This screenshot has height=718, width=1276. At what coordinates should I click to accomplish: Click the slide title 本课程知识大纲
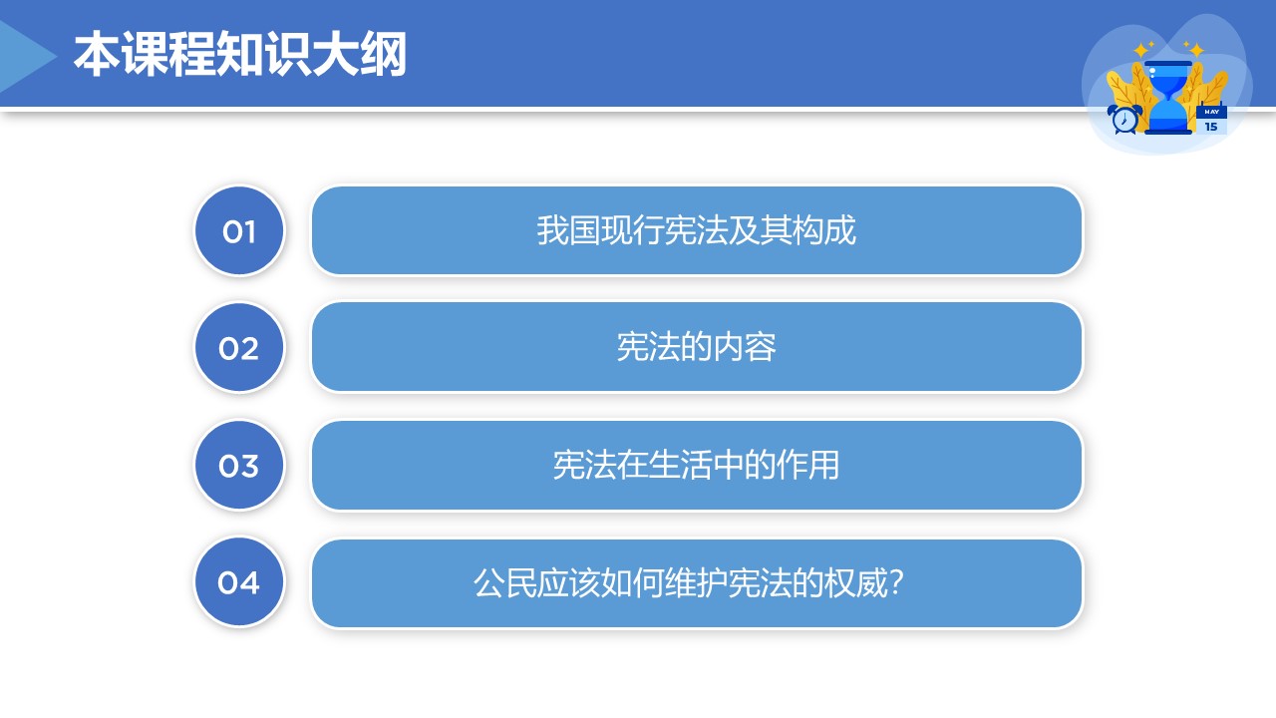click(240, 54)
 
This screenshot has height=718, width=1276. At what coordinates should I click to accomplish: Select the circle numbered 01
click(239, 230)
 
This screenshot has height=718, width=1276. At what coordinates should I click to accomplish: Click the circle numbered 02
click(239, 348)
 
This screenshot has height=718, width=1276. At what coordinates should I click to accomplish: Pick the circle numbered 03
click(239, 465)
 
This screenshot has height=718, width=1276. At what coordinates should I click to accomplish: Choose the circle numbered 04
click(239, 582)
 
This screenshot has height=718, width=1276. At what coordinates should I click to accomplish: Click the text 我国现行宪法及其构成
click(696, 230)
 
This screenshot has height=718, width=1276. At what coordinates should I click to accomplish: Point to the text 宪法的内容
click(696, 347)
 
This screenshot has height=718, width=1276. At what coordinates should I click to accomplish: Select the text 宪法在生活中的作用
click(696, 465)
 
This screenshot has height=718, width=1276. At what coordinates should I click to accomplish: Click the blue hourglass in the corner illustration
click(1167, 97)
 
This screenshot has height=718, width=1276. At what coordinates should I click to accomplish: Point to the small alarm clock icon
click(1124, 119)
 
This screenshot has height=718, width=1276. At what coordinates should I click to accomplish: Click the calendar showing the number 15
click(1211, 120)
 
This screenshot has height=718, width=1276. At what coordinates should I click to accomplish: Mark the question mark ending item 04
click(896, 582)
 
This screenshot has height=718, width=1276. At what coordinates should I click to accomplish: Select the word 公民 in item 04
click(504, 583)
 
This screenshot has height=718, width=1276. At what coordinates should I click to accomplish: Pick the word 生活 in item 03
click(680, 465)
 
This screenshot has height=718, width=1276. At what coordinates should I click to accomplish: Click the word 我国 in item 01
click(568, 230)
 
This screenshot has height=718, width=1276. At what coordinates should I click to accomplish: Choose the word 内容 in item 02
click(745, 347)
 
